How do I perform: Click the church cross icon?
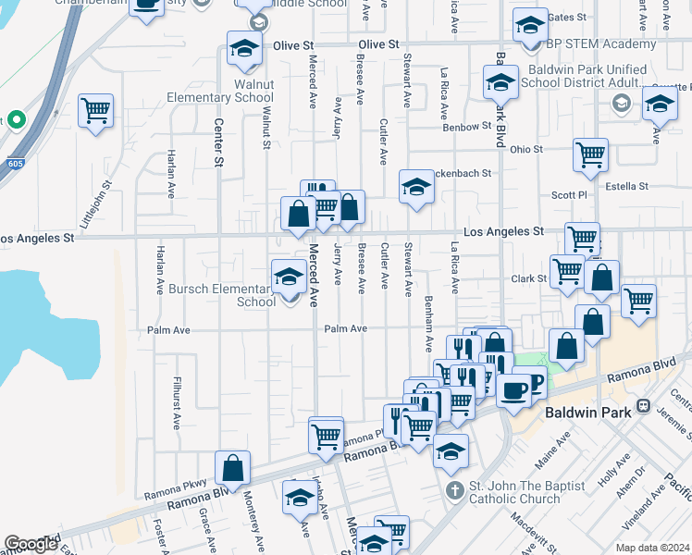[x=454, y=490]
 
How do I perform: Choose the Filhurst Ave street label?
[x=176, y=402]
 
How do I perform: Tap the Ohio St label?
[x=525, y=149]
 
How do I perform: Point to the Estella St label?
[x=626, y=186]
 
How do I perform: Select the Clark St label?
[x=528, y=278]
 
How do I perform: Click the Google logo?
[x=31, y=544]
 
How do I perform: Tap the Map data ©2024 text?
[x=652, y=548]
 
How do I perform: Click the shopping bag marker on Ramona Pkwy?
[x=232, y=468]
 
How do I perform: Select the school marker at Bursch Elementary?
[x=289, y=277]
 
